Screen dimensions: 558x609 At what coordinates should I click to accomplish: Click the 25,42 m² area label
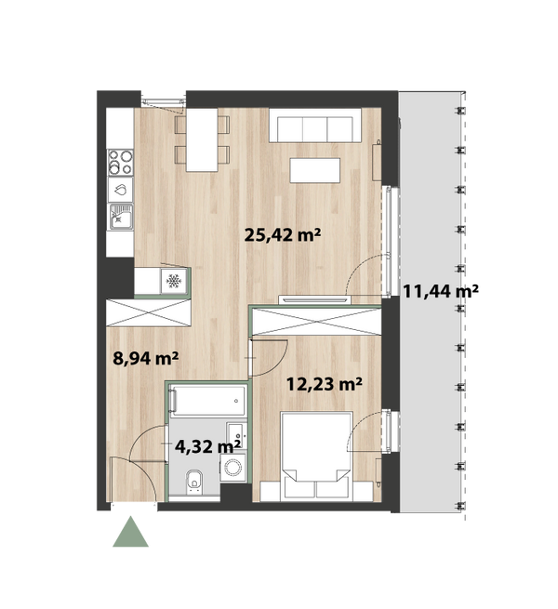point(283,235)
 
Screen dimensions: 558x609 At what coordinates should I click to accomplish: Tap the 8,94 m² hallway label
point(146,358)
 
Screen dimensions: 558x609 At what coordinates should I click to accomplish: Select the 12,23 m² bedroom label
point(324,384)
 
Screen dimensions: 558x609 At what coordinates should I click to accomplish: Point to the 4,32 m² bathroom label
point(207,446)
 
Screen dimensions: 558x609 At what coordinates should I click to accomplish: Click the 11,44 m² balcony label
point(440,291)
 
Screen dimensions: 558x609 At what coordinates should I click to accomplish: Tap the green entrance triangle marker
point(130,532)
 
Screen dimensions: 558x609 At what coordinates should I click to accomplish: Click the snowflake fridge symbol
point(174,281)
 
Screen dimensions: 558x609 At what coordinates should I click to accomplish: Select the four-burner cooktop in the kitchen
point(121,162)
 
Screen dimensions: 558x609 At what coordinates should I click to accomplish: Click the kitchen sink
point(121,217)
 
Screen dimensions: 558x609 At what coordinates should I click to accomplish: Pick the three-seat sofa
point(315,126)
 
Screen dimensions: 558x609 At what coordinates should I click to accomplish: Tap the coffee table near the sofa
point(314,170)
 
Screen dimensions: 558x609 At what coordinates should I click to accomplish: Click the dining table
point(202,139)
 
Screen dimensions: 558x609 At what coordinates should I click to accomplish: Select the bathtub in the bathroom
point(208,401)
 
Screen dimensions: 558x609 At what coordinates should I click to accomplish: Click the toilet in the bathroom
point(194,482)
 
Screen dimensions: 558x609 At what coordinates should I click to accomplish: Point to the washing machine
point(233,468)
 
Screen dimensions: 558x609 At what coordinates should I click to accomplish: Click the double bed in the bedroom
point(316,456)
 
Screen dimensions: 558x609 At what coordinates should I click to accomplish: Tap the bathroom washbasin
point(236,434)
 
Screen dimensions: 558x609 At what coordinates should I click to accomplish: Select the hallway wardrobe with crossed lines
point(149,312)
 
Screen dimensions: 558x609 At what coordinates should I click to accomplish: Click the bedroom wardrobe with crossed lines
point(316,321)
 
